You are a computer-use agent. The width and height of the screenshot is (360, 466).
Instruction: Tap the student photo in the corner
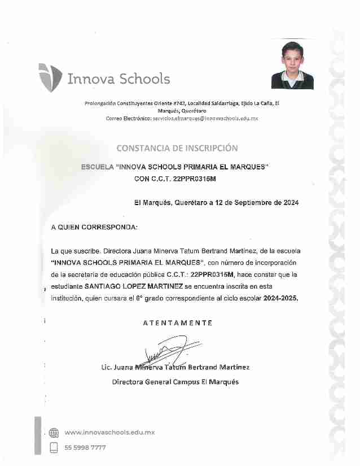pos(292,65)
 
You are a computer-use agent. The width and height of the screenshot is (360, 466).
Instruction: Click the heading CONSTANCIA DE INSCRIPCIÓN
pos(177,149)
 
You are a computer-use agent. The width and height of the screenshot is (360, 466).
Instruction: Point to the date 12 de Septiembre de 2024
pos(258,202)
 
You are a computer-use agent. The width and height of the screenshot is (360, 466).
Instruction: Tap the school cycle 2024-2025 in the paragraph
pos(280,298)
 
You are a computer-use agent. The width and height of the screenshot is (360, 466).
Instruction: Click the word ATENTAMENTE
pos(177,323)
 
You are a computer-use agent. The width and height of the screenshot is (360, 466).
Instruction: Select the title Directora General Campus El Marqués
pos(175,382)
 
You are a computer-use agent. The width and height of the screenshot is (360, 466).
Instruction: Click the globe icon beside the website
pos(54,433)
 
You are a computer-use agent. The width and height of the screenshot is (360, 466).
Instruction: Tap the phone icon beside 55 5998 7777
pos(54,447)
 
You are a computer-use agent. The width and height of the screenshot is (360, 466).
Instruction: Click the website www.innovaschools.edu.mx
pos(109,433)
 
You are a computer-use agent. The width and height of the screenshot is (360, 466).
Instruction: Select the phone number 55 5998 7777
pos(85,447)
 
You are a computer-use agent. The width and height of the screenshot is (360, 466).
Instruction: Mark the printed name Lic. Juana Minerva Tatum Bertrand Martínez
pos(175,367)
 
